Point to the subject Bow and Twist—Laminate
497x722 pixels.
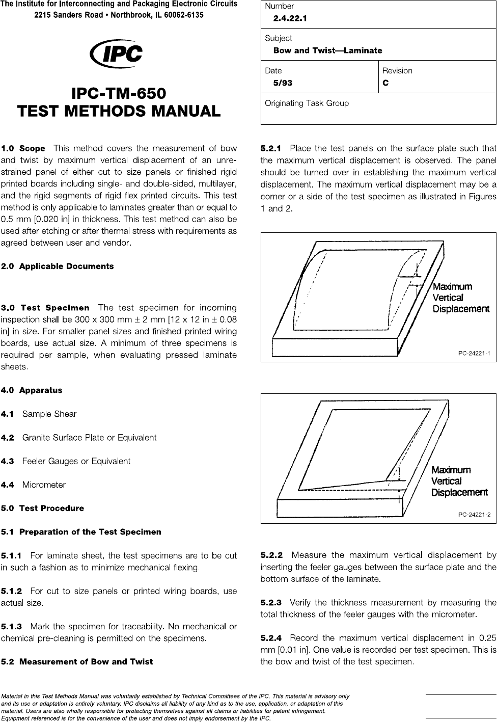click(x=327, y=50)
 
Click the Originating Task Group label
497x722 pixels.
click(x=307, y=103)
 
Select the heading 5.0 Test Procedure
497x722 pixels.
click(x=42, y=508)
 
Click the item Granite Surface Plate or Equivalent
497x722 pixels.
click(x=89, y=438)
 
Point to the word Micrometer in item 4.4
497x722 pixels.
click(x=44, y=485)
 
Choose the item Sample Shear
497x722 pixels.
click(x=49, y=414)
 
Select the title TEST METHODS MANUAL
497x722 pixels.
click(x=119, y=111)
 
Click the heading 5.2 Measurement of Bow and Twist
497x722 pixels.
click(x=77, y=662)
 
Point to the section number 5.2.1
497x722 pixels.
click(x=271, y=149)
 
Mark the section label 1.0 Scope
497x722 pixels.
click(x=23, y=149)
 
